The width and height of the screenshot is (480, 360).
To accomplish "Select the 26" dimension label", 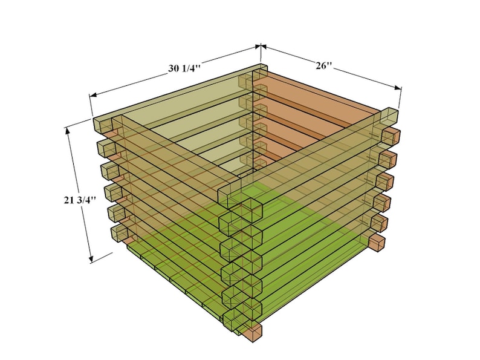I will coord(324,65).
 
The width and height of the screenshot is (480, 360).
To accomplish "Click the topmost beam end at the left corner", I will coord(102,124).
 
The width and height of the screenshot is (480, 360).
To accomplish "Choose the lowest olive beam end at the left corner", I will coord(118,233).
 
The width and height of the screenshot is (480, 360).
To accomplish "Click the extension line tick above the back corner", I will coord(260,47).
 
